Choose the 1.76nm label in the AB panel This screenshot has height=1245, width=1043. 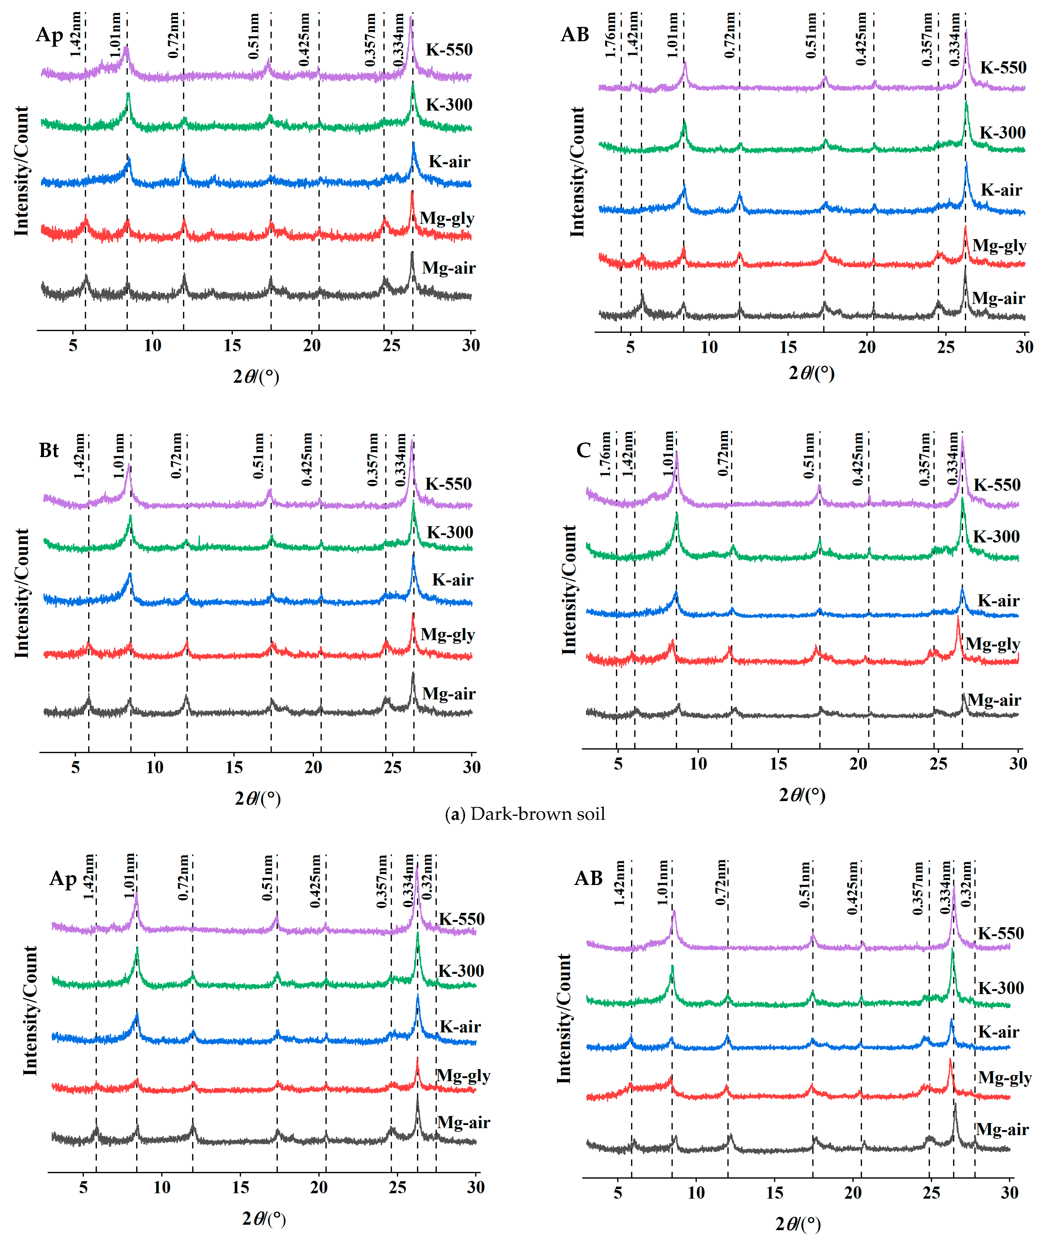point(610,36)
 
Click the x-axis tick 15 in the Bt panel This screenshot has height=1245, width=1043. point(234,767)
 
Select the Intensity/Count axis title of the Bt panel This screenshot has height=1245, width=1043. point(22,593)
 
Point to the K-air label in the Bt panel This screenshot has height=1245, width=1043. point(452,580)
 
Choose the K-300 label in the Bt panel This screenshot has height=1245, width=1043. point(450,532)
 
